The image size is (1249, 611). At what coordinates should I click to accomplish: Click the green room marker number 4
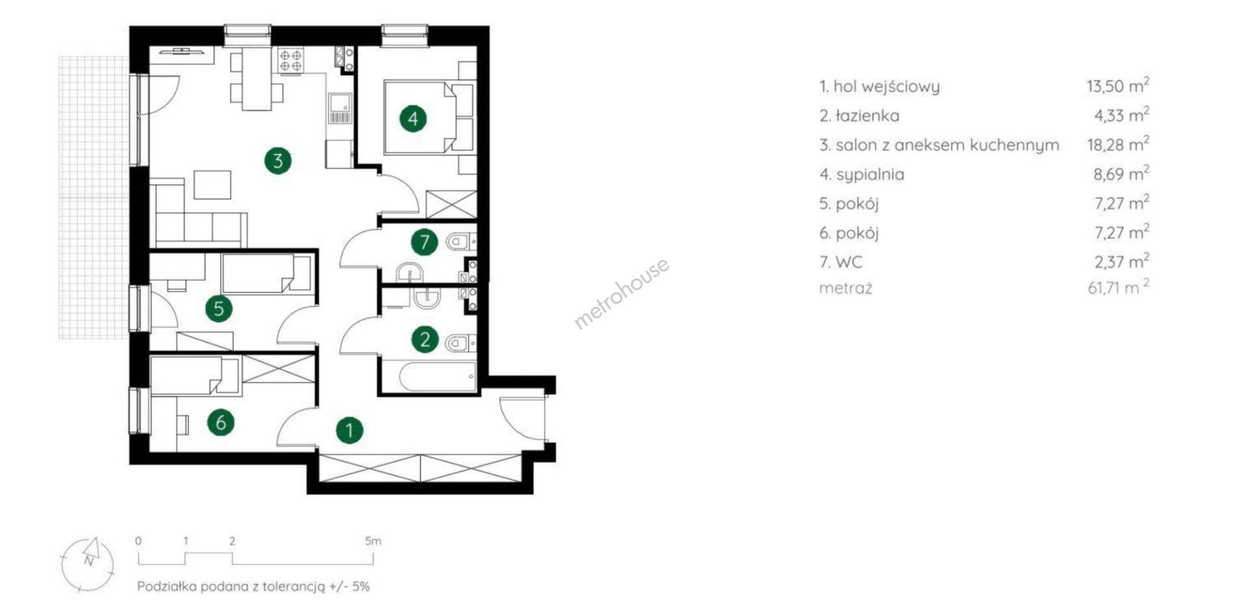click(x=413, y=119)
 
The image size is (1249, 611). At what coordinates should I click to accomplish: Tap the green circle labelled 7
click(x=424, y=242)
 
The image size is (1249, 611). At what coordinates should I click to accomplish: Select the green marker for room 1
click(x=349, y=430)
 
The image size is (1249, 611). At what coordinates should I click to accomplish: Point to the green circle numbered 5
click(x=219, y=308)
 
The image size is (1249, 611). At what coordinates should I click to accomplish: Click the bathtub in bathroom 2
click(x=436, y=377)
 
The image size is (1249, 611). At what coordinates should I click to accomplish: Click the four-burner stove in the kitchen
click(x=291, y=60)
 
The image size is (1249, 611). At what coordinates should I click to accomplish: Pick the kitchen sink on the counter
click(x=339, y=108)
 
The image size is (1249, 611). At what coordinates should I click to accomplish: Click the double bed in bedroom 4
click(x=429, y=118)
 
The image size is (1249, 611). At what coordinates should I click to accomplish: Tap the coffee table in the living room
click(x=212, y=185)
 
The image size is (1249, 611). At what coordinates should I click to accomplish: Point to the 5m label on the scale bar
click(x=373, y=541)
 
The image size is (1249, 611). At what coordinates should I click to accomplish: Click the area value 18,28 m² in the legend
click(x=1118, y=144)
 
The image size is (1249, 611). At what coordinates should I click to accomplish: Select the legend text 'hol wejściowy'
click(x=887, y=86)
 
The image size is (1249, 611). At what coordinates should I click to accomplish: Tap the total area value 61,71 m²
click(x=1118, y=287)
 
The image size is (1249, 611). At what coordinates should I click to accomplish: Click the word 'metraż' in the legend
click(x=846, y=288)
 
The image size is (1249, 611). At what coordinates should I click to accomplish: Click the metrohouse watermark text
click(x=621, y=293)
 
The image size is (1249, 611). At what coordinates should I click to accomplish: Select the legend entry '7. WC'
click(x=840, y=262)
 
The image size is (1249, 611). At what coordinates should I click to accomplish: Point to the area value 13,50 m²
click(x=1118, y=85)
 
